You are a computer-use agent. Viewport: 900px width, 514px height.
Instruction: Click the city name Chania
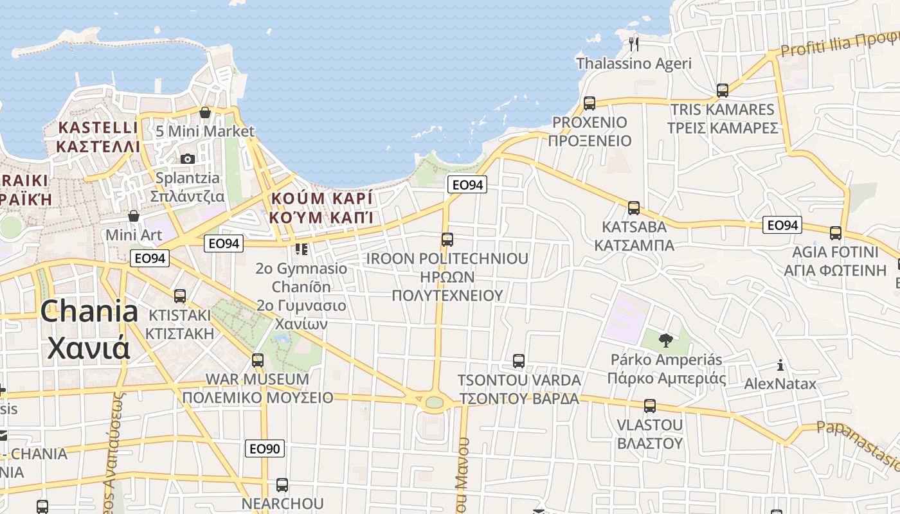tap(89, 312)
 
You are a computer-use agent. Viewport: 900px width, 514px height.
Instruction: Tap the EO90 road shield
tap(264, 448)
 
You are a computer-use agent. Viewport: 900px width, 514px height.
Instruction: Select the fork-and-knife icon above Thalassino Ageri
tap(634, 43)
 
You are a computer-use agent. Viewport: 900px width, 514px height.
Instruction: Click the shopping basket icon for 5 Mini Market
tap(205, 112)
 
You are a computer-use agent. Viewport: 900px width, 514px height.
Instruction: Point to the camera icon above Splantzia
tap(188, 159)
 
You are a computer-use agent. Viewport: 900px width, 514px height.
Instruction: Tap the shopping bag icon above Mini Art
tap(134, 216)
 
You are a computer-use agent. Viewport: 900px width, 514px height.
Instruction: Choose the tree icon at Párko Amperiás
tap(665, 340)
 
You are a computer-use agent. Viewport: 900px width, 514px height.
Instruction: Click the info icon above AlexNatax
tap(780, 365)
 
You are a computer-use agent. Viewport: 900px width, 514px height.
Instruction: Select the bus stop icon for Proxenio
tap(589, 103)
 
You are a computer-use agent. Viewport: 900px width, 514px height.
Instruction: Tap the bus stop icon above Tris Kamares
tap(722, 90)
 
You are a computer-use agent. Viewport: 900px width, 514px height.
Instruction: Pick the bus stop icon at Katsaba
tap(633, 208)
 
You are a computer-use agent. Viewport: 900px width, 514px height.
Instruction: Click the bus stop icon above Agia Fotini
tap(835, 233)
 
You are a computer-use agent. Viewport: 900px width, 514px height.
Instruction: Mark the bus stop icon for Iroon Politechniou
tap(447, 240)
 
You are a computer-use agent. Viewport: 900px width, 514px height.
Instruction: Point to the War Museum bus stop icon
tap(257, 360)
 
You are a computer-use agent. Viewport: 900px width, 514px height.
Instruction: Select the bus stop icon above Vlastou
tap(649, 406)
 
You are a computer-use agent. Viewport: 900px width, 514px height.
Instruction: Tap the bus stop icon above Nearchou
tap(282, 485)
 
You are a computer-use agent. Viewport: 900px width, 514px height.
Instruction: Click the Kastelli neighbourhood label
tap(98, 137)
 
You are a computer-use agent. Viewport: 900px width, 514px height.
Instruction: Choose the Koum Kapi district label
tap(321, 207)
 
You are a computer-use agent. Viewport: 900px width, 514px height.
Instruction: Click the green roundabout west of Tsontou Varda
tap(435, 402)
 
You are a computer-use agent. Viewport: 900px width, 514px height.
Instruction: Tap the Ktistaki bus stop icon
tap(179, 296)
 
